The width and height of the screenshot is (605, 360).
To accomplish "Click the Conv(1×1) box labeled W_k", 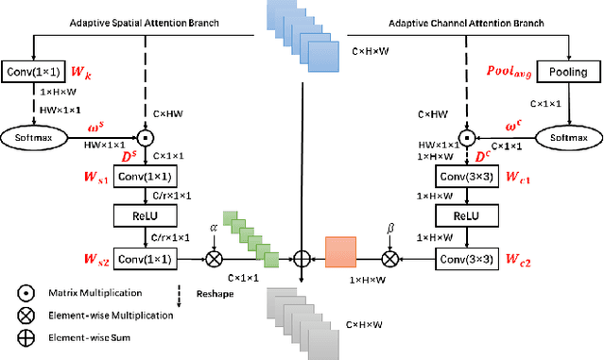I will point(33,71).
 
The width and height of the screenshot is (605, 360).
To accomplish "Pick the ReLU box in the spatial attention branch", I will point(147,216).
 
